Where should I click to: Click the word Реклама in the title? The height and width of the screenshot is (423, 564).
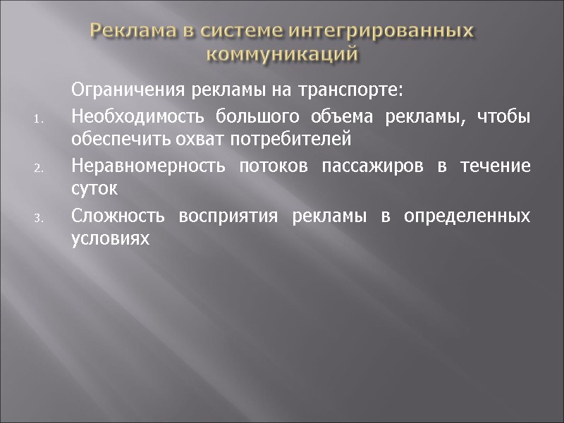coord(133,32)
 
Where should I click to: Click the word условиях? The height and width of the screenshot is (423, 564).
coord(111,239)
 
